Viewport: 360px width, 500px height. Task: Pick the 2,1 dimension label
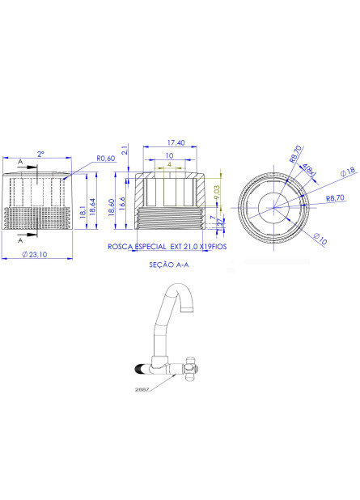click(x=124, y=150)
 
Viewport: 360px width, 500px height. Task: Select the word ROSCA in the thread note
click(x=121, y=244)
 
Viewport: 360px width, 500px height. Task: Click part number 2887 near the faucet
click(x=142, y=389)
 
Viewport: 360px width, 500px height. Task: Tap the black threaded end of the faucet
click(x=139, y=370)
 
